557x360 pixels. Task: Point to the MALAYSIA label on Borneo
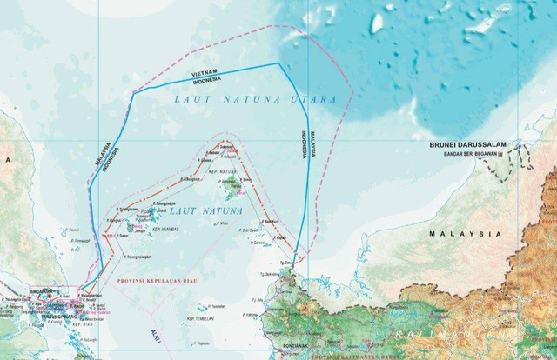[466, 234]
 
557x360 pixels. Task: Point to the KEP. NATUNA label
[223, 173]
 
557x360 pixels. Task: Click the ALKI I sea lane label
[155, 333]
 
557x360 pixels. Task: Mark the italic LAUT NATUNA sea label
[194, 210]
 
